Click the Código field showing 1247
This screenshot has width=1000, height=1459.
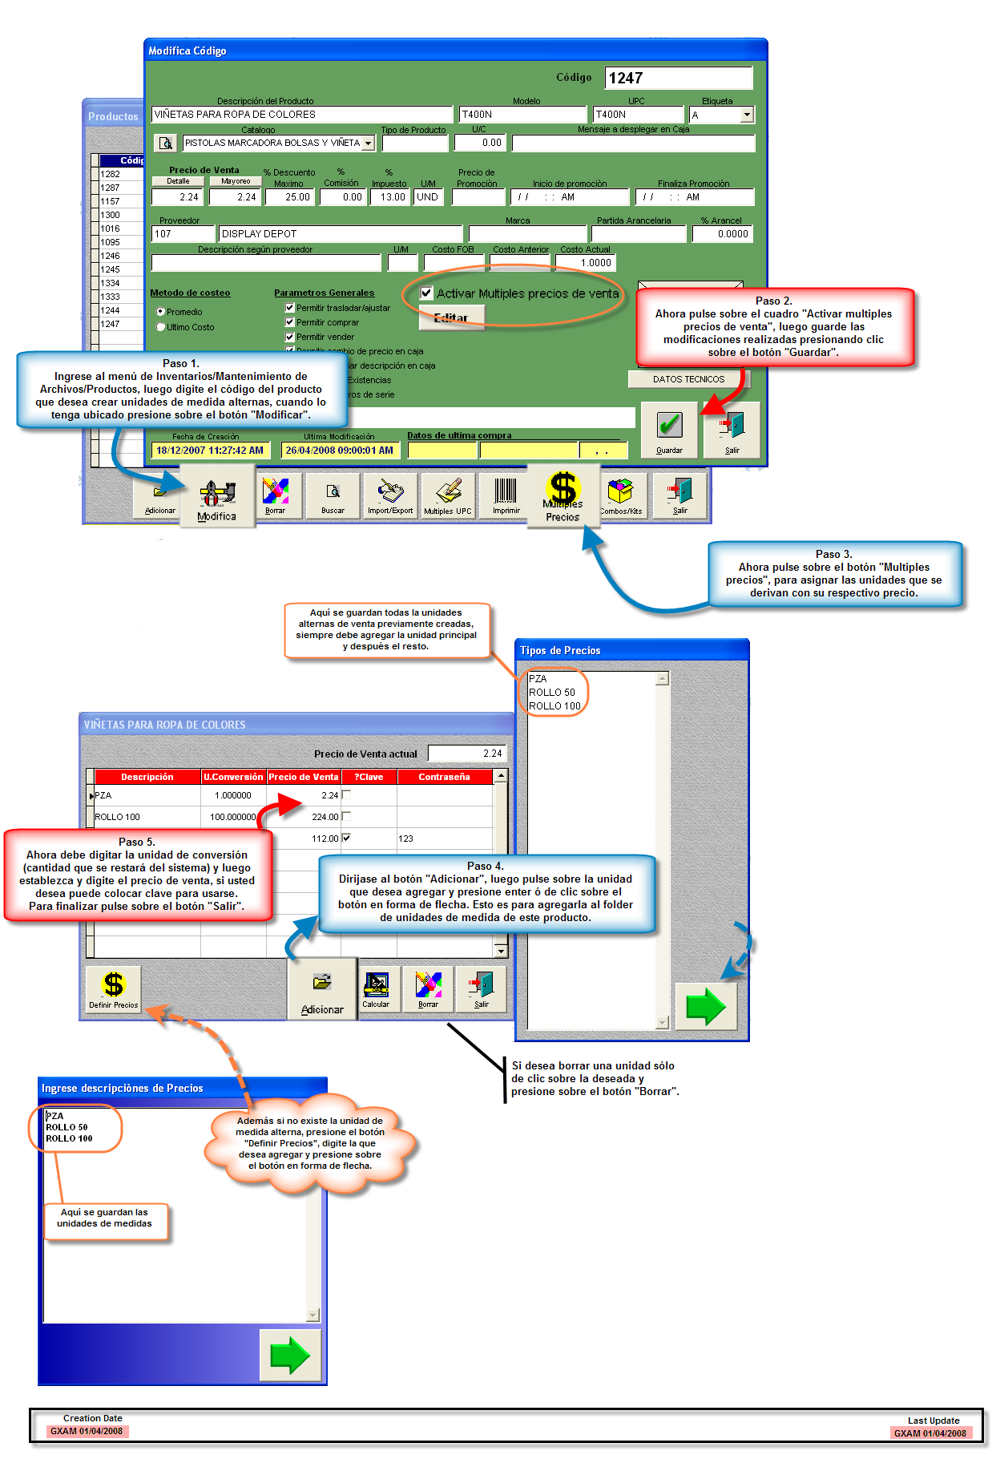(678, 78)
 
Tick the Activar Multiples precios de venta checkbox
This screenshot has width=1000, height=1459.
(427, 293)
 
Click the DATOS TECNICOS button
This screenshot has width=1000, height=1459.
(688, 379)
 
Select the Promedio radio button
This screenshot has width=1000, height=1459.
(161, 312)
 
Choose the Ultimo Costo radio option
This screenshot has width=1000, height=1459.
(161, 327)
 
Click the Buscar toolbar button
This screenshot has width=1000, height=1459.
(333, 496)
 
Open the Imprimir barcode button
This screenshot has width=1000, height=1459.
(506, 496)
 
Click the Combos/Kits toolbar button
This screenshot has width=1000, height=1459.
(620, 496)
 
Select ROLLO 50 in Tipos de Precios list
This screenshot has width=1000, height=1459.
(552, 693)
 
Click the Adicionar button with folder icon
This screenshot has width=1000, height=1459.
(322, 990)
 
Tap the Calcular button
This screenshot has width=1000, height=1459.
(376, 989)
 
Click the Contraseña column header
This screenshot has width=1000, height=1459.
(444, 777)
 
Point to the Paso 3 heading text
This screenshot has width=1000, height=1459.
(833, 554)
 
